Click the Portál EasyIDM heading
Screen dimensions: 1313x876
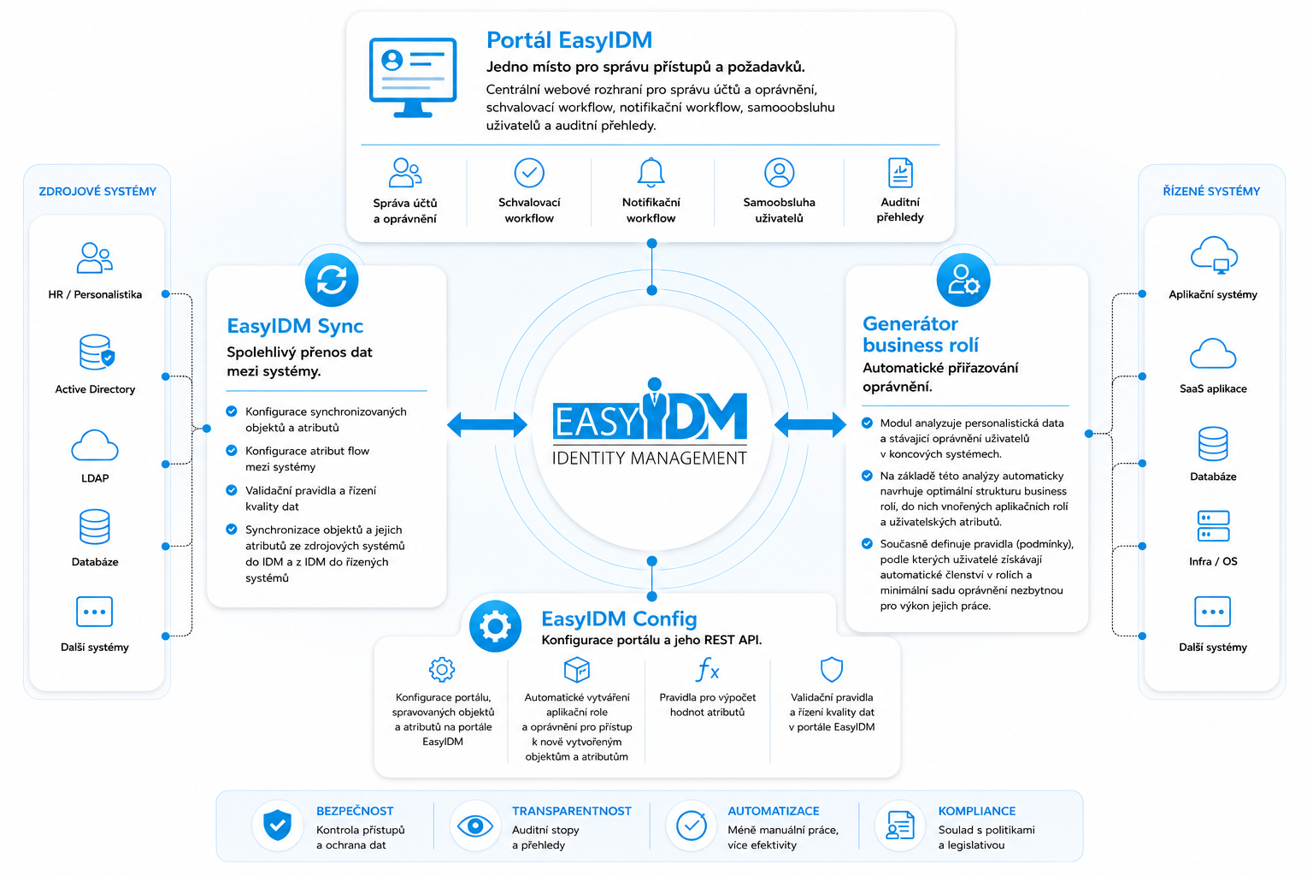coord(569,40)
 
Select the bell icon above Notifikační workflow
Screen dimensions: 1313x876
coord(651,172)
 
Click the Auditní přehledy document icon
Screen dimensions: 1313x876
coord(900,173)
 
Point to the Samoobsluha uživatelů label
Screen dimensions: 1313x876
coord(779,210)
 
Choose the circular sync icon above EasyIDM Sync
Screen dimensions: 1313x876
coord(332,280)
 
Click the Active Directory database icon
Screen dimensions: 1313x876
coord(96,352)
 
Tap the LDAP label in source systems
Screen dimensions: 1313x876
coord(95,478)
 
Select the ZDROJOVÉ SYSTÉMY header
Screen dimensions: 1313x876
coord(97,192)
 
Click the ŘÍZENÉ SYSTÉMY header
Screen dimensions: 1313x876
coord(1211,192)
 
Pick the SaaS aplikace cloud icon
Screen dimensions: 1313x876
coord(1213,353)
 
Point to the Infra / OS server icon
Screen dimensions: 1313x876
coord(1213,526)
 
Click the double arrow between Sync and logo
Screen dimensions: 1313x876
coord(487,424)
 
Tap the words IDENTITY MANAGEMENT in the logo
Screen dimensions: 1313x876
coord(650,458)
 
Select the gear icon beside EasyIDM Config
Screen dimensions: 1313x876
coord(495,626)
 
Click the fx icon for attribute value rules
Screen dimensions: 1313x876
coord(707,670)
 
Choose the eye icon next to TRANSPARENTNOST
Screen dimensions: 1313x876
coord(474,826)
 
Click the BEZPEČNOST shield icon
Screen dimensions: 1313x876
coord(277,826)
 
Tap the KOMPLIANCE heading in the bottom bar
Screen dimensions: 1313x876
coord(976,811)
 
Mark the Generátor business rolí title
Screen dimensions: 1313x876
coord(921,334)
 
